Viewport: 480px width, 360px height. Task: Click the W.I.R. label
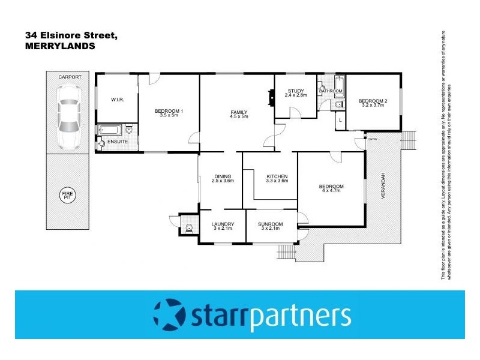(117, 100)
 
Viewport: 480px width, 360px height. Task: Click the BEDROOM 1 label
(169, 111)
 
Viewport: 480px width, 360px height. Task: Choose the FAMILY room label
(239, 112)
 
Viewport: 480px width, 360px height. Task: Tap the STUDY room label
(295, 91)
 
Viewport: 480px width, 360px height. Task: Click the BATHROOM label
(331, 91)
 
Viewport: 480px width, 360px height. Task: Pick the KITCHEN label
(277, 176)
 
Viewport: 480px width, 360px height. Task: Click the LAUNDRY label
(222, 224)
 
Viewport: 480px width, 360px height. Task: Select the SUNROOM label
(270, 224)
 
